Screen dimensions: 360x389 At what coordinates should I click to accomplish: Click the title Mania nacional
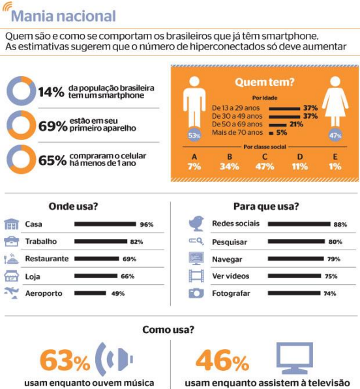[x=63, y=16]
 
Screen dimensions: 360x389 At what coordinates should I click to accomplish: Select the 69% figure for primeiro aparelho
[x=53, y=126]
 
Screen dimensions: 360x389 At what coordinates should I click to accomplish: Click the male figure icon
[x=194, y=102]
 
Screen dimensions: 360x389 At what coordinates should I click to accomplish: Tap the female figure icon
[x=335, y=101]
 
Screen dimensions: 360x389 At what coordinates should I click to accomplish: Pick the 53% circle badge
[x=194, y=136]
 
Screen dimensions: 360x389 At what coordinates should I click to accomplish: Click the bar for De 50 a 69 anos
[x=278, y=125]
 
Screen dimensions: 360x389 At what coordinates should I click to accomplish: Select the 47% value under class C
[x=265, y=166]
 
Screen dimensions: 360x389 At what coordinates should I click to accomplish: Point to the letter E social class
[x=335, y=157]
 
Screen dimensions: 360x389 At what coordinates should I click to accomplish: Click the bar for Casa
[x=105, y=224]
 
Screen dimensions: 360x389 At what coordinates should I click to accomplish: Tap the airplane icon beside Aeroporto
[x=12, y=293]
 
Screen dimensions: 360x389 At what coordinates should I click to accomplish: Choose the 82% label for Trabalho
[x=136, y=242]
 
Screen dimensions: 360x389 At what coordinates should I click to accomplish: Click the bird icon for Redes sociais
[x=196, y=223]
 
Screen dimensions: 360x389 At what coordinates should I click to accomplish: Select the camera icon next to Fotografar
[x=196, y=293]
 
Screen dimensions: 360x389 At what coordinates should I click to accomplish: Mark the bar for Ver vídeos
[x=294, y=276]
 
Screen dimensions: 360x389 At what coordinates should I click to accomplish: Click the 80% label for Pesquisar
[x=335, y=242]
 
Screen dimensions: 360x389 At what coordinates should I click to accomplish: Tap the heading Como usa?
[x=168, y=330]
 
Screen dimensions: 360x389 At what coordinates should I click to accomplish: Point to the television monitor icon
[x=294, y=358]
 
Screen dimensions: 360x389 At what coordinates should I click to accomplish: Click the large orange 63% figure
[x=65, y=360]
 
